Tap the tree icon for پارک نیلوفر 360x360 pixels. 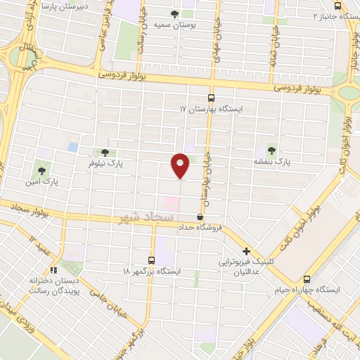click(105, 152)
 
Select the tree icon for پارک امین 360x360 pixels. click(42, 169)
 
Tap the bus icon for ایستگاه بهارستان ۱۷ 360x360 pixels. click(211, 98)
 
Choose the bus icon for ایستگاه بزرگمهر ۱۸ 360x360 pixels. click(151, 259)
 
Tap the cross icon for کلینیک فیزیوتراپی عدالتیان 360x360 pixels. click(247, 251)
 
